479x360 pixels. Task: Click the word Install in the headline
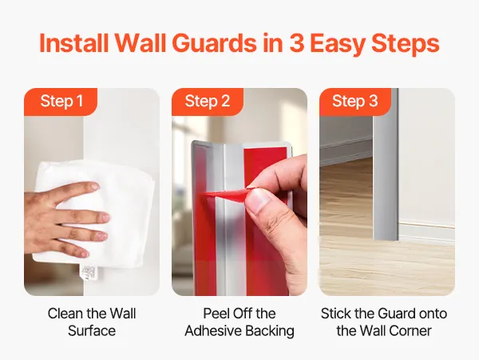click(74, 43)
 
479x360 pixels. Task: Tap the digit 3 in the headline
click(295, 43)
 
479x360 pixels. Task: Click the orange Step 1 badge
click(61, 102)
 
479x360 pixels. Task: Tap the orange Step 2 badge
click(208, 102)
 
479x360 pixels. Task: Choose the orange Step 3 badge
click(355, 102)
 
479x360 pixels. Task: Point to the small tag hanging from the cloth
click(89, 273)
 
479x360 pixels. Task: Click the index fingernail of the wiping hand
click(95, 186)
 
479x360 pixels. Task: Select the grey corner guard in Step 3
click(386, 164)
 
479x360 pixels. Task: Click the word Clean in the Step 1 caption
click(65, 314)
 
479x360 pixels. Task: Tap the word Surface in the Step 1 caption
click(92, 331)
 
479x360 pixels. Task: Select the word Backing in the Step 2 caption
click(270, 331)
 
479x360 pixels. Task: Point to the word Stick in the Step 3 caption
click(336, 314)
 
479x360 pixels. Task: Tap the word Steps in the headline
click(406, 44)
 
